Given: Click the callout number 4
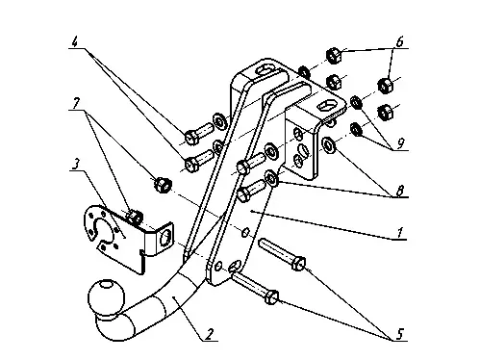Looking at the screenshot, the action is click(x=75, y=42).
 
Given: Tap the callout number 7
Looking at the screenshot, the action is click(x=76, y=103).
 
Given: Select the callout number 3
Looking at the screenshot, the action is click(x=75, y=165).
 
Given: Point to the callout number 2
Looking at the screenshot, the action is click(x=209, y=334).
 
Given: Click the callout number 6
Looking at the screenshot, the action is click(x=399, y=42).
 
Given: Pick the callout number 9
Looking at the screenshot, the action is click(x=400, y=144).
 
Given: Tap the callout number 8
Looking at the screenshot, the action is click(x=399, y=191).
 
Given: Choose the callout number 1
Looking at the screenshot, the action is click(x=399, y=233).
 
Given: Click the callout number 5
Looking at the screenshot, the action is click(x=399, y=334).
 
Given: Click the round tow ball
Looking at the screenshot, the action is click(x=106, y=296).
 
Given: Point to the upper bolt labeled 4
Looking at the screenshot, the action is click(x=198, y=135).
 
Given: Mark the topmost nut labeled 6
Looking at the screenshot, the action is click(x=334, y=55).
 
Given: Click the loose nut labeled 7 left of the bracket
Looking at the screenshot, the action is click(x=164, y=185).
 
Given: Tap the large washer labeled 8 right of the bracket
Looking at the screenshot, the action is click(x=328, y=145).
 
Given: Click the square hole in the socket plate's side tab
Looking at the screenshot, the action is click(x=165, y=238).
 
